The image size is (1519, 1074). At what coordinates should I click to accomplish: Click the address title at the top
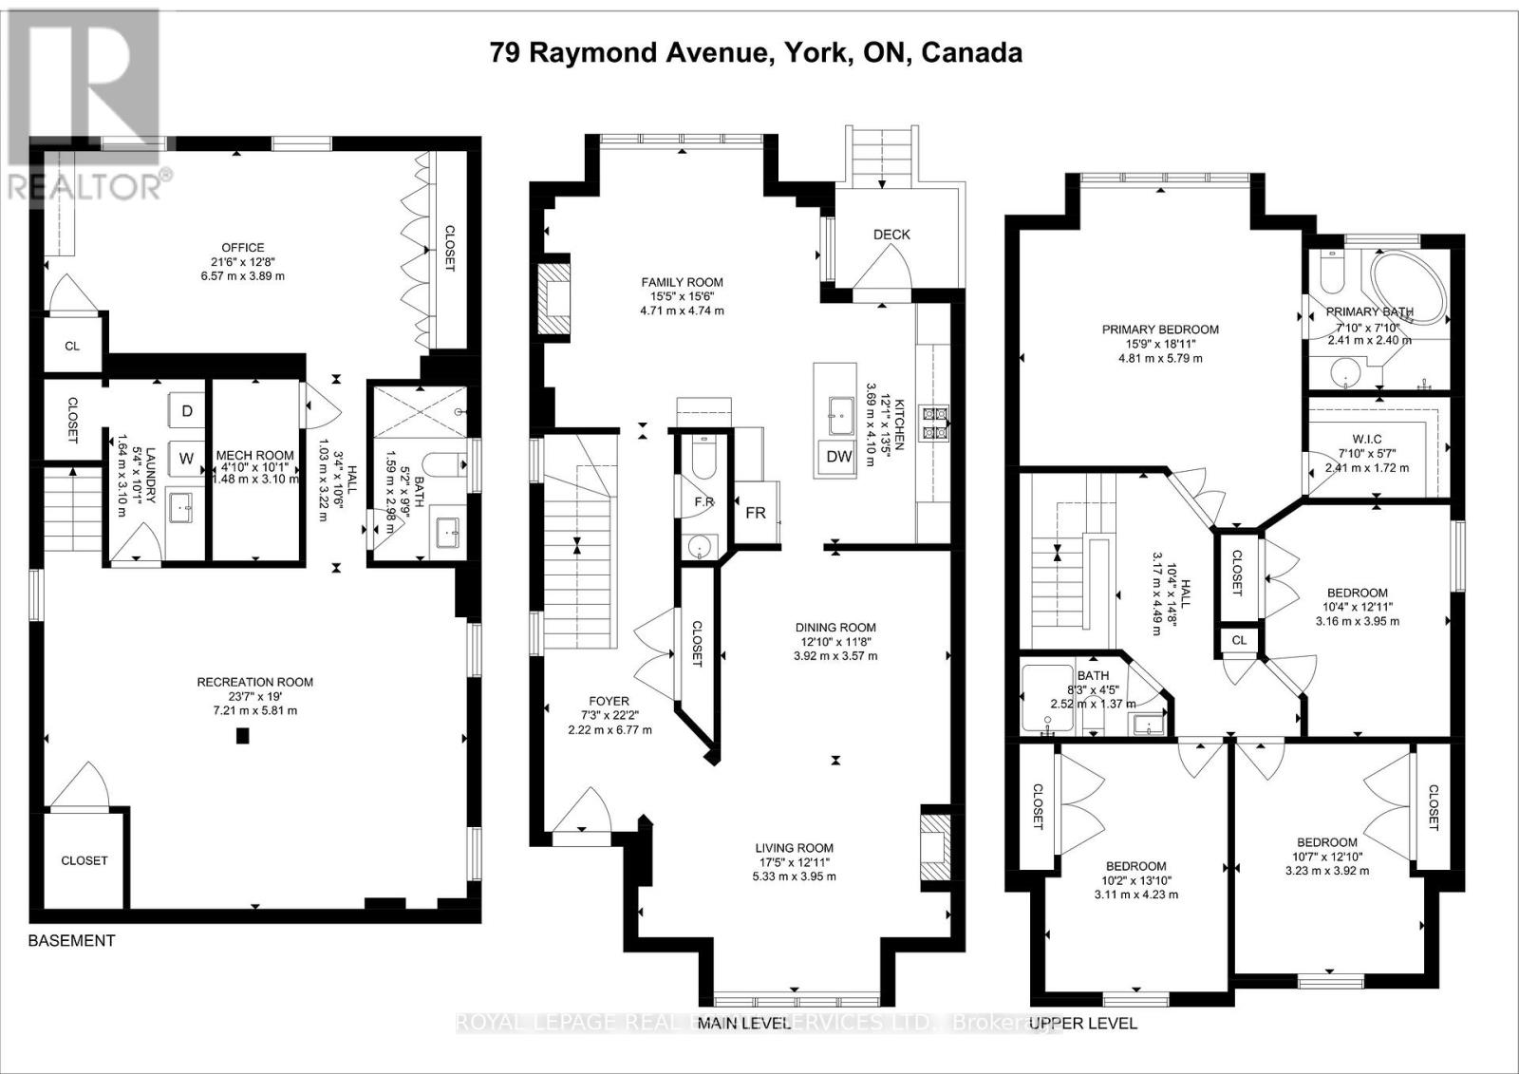757,52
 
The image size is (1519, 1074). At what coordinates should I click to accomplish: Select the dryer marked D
187,410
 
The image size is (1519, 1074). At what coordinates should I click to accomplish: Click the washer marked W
186,459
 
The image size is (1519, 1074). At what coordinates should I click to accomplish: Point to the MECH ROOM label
254,456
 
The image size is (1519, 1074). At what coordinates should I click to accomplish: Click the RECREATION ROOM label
254,682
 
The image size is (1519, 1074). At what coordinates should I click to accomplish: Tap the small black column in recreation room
244,735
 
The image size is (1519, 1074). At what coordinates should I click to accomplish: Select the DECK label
891,235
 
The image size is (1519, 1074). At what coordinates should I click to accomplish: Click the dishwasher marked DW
838,457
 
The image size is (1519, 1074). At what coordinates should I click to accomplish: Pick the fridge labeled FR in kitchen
756,513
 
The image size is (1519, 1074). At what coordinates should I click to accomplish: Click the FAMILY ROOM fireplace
552,298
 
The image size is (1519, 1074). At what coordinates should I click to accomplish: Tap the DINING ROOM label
835,628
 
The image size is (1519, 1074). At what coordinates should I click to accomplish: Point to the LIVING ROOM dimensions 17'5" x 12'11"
794,862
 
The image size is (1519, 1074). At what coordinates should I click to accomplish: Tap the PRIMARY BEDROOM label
1160,330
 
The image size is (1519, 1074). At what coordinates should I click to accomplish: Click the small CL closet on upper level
1239,641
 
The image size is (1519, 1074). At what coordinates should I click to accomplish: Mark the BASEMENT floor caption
71,941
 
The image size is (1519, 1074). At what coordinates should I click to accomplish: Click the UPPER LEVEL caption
1083,1023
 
